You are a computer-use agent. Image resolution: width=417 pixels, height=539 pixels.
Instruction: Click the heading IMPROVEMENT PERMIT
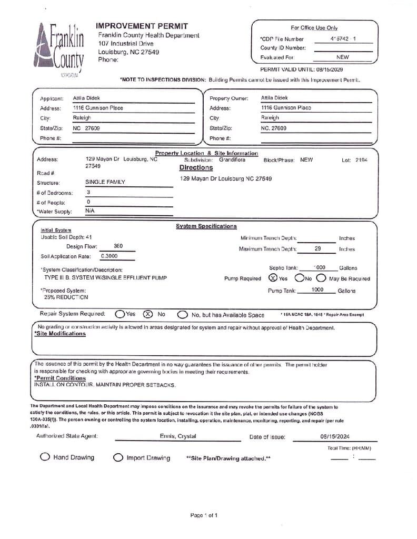142,26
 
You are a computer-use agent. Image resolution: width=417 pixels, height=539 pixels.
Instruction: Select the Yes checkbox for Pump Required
273,278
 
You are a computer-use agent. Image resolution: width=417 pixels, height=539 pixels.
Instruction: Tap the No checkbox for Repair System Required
148,314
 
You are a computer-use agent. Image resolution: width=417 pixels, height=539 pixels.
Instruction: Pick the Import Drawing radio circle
118,458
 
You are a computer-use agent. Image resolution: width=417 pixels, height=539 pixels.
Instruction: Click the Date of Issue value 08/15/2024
334,436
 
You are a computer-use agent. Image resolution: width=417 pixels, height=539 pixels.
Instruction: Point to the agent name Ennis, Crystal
178,436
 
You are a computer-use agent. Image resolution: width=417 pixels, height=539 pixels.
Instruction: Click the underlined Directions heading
196,168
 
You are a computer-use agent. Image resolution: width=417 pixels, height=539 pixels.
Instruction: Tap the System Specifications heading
206,226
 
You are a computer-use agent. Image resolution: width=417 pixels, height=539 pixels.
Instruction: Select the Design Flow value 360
118,246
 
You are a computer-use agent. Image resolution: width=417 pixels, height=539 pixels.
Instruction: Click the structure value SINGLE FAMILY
105,182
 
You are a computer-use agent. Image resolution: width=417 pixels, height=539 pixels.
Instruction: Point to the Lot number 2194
362,159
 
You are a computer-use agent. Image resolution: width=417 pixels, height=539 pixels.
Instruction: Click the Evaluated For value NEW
342,57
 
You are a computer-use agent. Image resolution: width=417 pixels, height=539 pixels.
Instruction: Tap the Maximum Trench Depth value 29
317,248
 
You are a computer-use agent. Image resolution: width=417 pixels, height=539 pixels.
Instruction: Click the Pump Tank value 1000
317,290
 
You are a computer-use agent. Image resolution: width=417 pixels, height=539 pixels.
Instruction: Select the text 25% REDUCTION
66,297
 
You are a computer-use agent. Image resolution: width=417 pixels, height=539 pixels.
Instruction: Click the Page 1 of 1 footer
204,515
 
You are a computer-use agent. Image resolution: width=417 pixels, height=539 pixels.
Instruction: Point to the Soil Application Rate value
110,256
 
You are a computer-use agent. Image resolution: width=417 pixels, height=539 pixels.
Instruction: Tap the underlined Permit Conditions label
60,378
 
